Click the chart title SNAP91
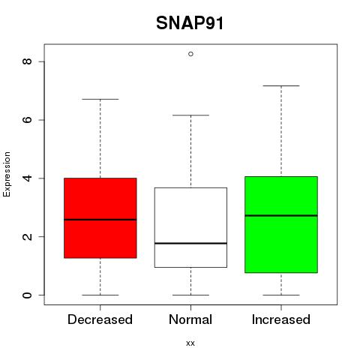coord(190,23)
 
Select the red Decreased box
coord(100,218)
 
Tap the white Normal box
coord(190,227)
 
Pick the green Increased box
coord(281,224)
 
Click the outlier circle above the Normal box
coord(190,54)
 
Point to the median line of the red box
coord(100,220)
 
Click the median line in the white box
coord(190,243)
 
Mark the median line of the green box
coord(281,215)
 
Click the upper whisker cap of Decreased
coord(100,99)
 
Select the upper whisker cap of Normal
coord(190,115)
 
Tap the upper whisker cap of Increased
coord(281,85)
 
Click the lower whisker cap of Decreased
coord(100,295)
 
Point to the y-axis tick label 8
coord(27,61)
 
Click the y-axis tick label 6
coord(27,120)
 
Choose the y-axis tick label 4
coord(27,178)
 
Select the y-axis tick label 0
coord(27,295)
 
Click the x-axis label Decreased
coord(100,319)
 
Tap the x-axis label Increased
coord(281,319)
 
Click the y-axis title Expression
coord(7,174)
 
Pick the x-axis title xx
coord(190,343)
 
